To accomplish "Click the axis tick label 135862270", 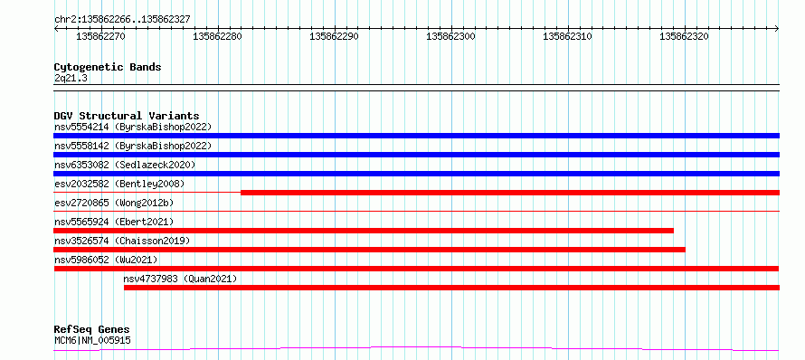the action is pyautogui.click(x=100, y=36).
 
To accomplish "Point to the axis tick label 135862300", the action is pyautogui.click(x=450, y=36).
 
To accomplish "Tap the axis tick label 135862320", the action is pyautogui.click(x=684, y=36).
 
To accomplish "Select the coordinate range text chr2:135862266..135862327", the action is pyautogui.click(x=122, y=20).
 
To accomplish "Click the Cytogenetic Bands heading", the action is pyautogui.click(x=108, y=67).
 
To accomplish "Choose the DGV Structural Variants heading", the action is pyautogui.click(x=127, y=116).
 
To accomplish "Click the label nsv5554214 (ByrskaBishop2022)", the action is pyautogui.click(x=133, y=127).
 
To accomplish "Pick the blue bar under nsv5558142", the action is pyautogui.click(x=416, y=155).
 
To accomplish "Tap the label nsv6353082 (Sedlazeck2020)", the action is pyautogui.click(x=125, y=165).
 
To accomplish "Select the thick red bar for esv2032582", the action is pyautogui.click(x=510, y=193).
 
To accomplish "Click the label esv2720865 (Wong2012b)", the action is pyautogui.click(x=114, y=203).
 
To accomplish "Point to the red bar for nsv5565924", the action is pyautogui.click(x=364, y=231).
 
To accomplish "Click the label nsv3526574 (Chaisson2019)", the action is pyautogui.click(x=122, y=241).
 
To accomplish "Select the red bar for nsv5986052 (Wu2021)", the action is pyautogui.click(x=416, y=269).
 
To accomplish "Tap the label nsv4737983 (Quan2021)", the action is pyautogui.click(x=180, y=279).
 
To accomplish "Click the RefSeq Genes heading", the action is pyautogui.click(x=92, y=330).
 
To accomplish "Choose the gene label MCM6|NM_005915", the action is pyautogui.click(x=92, y=340).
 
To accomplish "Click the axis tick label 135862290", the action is pyautogui.click(x=335, y=36).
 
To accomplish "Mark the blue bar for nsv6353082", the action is pyautogui.click(x=416, y=174).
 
